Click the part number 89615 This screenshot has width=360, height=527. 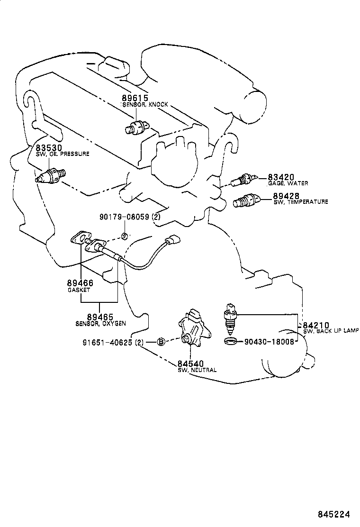pyautogui.click(x=135, y=98)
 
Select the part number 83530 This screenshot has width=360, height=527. pyautogui.click(x=48, y=148)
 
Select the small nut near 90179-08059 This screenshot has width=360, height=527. pyautogui.click(x=123, y=236)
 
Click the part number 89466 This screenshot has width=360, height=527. pyautogui.click(x=80, y=283)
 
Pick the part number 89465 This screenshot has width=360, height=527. pyautogui.click(x=100, y=316)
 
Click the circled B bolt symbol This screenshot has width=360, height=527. pyautogui.click(x=161, y=342)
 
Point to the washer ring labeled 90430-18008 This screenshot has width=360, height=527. pyautogui.click(x=230, y=341)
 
